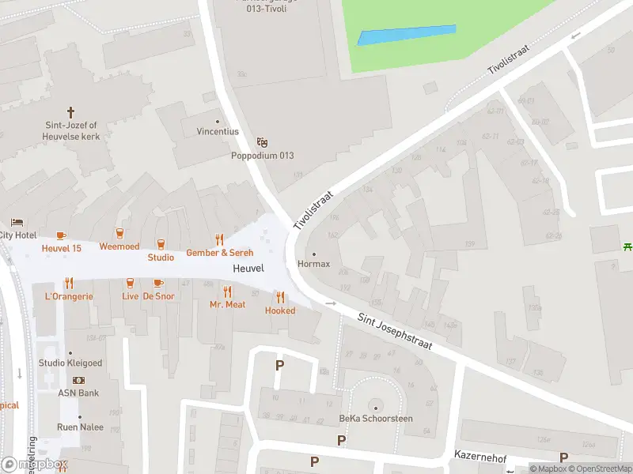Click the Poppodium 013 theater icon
(x=263, y=142)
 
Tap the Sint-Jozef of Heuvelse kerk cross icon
(x=70, y=112)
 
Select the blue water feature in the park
(x=407, y=35)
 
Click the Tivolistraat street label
(x=314, y=209)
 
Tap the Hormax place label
(x=313, y=264)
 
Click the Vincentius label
(x=217, y=131)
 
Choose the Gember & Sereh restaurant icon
(x=220, y=239)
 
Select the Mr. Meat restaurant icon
(x=227, y=292)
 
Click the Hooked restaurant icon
(x=280, y=297)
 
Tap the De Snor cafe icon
(x=158, y=283)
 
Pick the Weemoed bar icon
(x=119, y=233)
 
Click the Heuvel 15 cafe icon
(x=61, y=235)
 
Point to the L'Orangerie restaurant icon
(x=69, y=283)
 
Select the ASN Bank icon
(x=78, y=380)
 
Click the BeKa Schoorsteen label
(x=376, y=418)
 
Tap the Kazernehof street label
(x=479, y=456)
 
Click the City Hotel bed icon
(x=17, y=223)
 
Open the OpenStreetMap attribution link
(x=598, y=468)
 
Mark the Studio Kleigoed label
(x=70, y=363)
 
